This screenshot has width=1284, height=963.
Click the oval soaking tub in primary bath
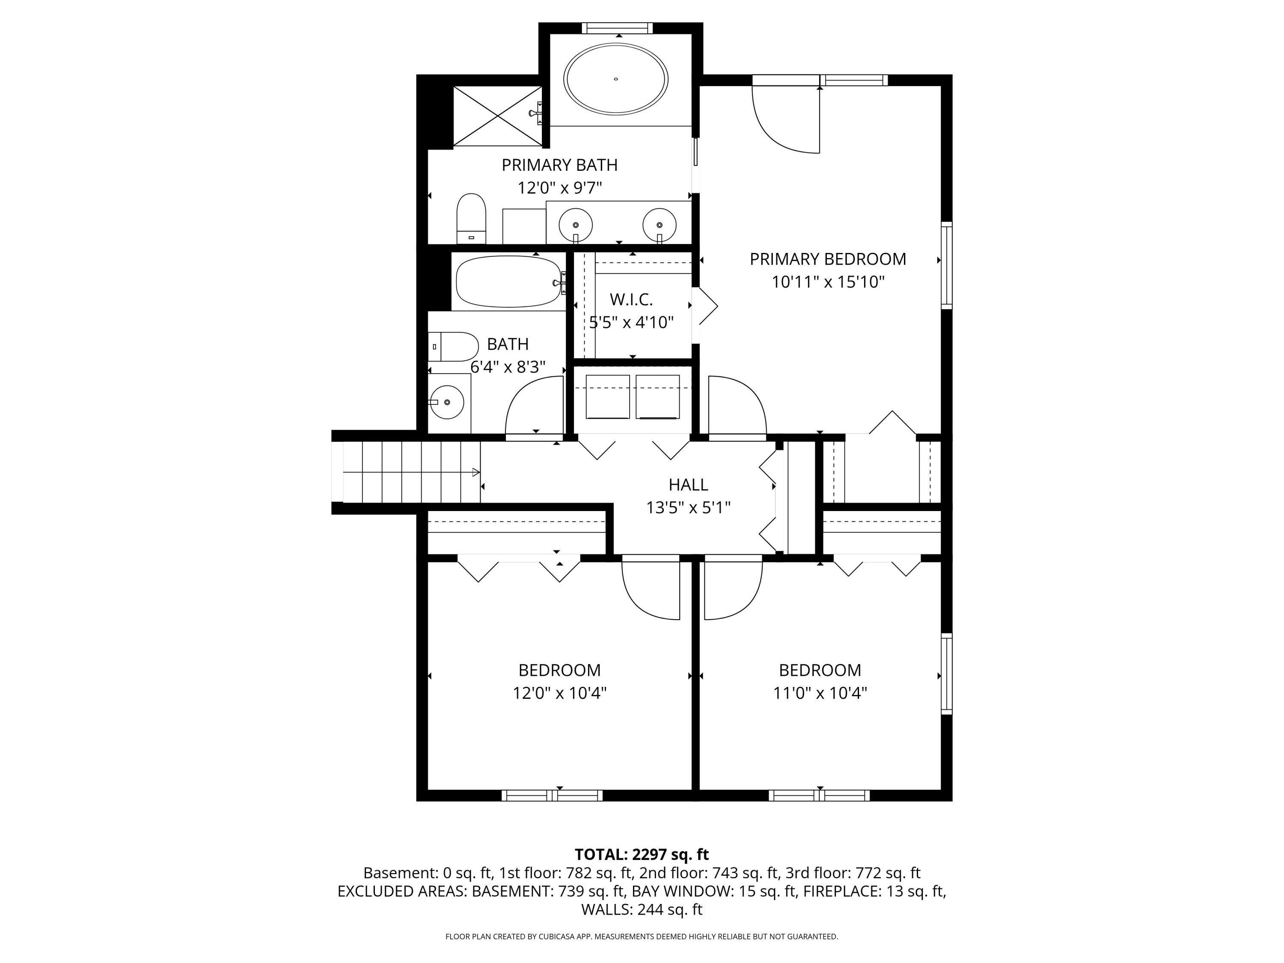click(616, 78)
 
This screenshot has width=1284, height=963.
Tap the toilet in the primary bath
click(471, 219)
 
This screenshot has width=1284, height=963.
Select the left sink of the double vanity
click(575, 225)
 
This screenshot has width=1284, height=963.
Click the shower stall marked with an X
click(497, 116)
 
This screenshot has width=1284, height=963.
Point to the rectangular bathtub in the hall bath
click(508, 282)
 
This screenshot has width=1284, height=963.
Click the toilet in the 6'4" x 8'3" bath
click(453, 347)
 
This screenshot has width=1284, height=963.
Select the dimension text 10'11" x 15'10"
click(827, 282)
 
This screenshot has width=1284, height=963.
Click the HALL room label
click(688, 484)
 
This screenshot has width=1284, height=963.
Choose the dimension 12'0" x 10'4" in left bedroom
click(559, 693)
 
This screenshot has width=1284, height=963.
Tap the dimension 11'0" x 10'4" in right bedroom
click(820, 693)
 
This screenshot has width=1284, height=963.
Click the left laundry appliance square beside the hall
click(607, 396)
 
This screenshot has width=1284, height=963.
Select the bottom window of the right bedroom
click(819, 795)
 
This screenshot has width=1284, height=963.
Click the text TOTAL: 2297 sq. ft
click(642, 854)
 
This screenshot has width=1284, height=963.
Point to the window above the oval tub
click(617, 28)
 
